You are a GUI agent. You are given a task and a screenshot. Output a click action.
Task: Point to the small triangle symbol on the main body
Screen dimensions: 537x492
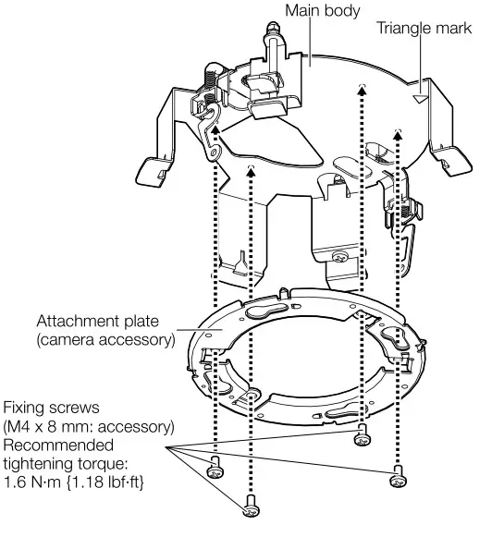(422, 93)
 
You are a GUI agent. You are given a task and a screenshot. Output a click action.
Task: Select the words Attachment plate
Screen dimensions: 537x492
(105, 322)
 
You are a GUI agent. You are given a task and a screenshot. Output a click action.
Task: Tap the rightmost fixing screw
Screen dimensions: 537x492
(397, 478)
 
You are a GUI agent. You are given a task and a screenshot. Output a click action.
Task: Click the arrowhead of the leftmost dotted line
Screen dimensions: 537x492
(215, 131)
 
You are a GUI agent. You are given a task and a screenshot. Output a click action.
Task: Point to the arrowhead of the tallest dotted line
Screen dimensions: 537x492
(361, 88)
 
